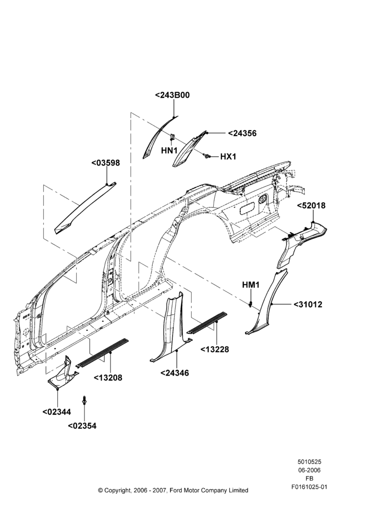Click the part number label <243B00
point(173,95)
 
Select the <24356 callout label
point(242,133)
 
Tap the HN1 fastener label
point(169,151)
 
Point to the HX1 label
point(228,156)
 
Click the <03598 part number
point(105,163)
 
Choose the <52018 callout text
point(311,206)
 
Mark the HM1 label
point(251,285)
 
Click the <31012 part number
point(308,304)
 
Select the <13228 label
point(214,349)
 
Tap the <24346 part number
point(175,373)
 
